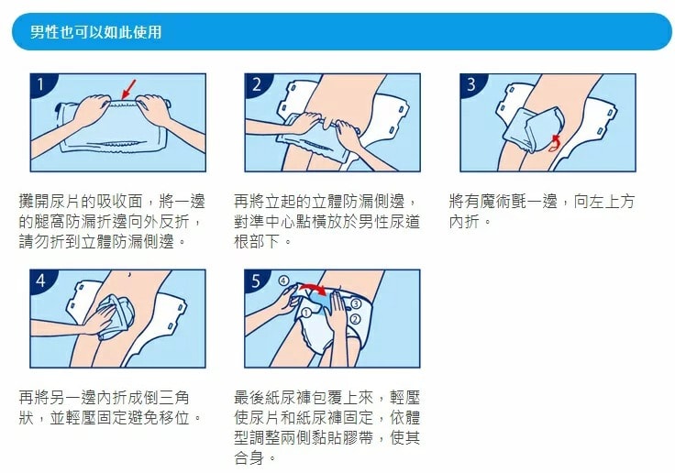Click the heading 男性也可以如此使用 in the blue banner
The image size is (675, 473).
coord(96,32)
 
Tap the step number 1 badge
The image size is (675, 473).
coord(41,84)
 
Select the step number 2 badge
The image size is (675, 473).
coord(257,84)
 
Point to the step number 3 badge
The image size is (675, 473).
coord(471,84)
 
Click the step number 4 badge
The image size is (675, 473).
coord(41,280)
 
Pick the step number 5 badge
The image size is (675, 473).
coord(256,280)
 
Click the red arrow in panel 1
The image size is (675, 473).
coord(128,90)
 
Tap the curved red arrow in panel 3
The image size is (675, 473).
coord(554,143)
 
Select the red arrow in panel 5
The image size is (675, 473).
coord(313,287)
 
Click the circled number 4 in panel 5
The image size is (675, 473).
coord(283,280)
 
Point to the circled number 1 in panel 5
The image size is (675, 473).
coord(306,313)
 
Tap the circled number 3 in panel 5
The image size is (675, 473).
coord(356,304)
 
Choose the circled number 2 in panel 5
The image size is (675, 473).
coord(356,319)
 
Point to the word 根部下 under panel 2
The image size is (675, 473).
coord(257,241)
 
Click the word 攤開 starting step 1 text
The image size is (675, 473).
coord(35,202)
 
